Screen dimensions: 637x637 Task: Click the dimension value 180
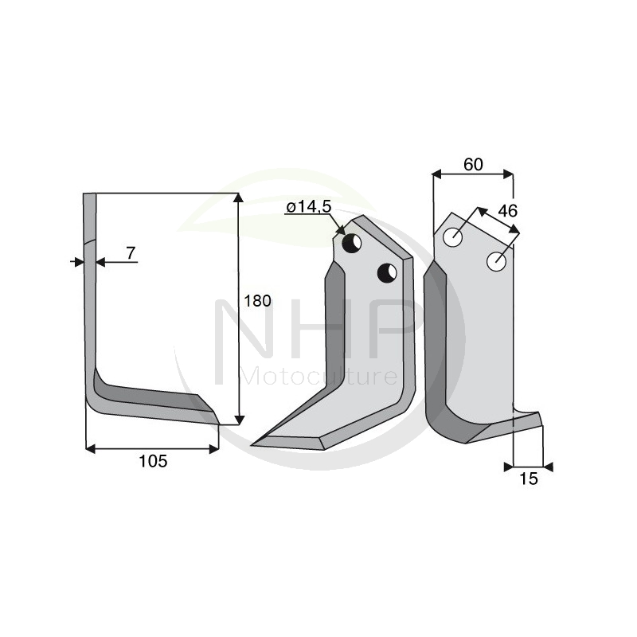click(258, 301)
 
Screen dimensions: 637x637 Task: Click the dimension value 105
click(152, 461)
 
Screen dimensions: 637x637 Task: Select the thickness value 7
click(131, 253)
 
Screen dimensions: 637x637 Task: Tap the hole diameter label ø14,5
click(308, 207)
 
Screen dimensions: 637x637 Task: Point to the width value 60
click(473, 165)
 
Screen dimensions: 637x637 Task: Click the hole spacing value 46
click(506, 211)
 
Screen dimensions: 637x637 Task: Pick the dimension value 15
click(529, 479)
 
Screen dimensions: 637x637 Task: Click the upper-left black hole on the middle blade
click(352, 243)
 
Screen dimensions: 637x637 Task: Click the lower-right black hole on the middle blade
click(387, 272)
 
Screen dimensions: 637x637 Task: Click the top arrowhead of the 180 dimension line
click(238, 198)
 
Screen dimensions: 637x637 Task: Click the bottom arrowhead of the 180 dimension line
click(238, 419)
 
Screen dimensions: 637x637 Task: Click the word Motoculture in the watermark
click(318, 375)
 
